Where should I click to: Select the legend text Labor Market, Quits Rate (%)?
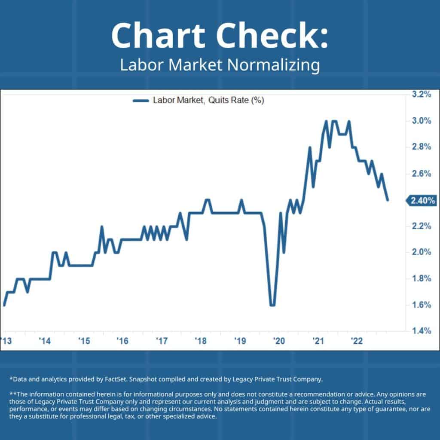tap(208, 101)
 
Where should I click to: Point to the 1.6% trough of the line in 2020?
tap(272, 305)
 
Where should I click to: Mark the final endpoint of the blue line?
tap(388, 200)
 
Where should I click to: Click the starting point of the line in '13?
tap(4, 305)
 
